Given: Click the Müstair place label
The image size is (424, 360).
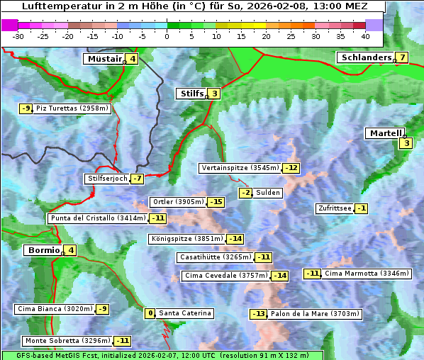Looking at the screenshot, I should tap(104, 59).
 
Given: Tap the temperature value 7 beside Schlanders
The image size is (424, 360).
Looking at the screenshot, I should tap(402, 57).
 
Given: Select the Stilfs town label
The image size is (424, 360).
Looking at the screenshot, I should tap(191, 93).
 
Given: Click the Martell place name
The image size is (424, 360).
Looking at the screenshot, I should tap(385, 133).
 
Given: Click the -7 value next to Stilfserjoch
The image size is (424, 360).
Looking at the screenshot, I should tap(138, 179).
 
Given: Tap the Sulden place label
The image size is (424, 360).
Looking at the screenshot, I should tap(268, 193).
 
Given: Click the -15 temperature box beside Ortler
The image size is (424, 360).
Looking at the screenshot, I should tap(216, 202).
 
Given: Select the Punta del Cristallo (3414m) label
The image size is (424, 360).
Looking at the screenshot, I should tap(98, 218).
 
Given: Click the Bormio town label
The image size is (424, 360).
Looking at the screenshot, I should tap(43, 250).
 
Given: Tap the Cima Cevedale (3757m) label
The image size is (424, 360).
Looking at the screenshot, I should tap(225, 275).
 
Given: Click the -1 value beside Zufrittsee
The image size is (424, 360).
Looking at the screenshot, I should tap(362, 208).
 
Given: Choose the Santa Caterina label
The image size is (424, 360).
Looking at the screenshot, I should tap(184, 313).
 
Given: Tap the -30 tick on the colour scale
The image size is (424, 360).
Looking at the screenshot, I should tap(18, 36).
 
